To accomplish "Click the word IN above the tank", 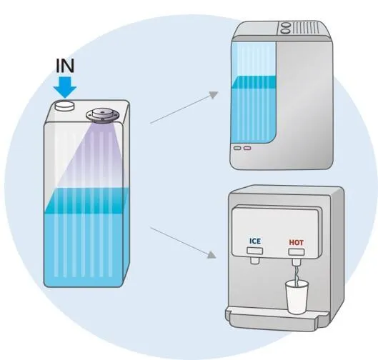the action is click(65, 66).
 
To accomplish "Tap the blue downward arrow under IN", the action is click(65, 87).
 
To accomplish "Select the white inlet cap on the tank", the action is click(64, 106).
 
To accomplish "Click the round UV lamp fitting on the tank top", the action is click(102, 116).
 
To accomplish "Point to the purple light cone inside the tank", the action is click(96, 154).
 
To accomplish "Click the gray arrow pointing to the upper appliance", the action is click(184, 107).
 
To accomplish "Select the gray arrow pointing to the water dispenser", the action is click(183, 243).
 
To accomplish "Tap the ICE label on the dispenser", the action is click(255, 241).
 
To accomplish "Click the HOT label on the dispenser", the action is click(297, 242).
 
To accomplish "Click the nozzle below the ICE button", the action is click(255, 260).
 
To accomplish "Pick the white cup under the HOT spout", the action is click(297, 297).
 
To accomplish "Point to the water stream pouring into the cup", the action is click(297, 275).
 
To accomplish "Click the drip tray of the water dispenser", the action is click(277, 318).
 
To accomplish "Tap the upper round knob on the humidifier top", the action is click(286, 25).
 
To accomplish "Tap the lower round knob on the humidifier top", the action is click(286, 31).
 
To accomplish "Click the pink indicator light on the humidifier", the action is click(247, 148).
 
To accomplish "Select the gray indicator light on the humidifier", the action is click(237, 148).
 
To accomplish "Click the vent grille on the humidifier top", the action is click(306, 29).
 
